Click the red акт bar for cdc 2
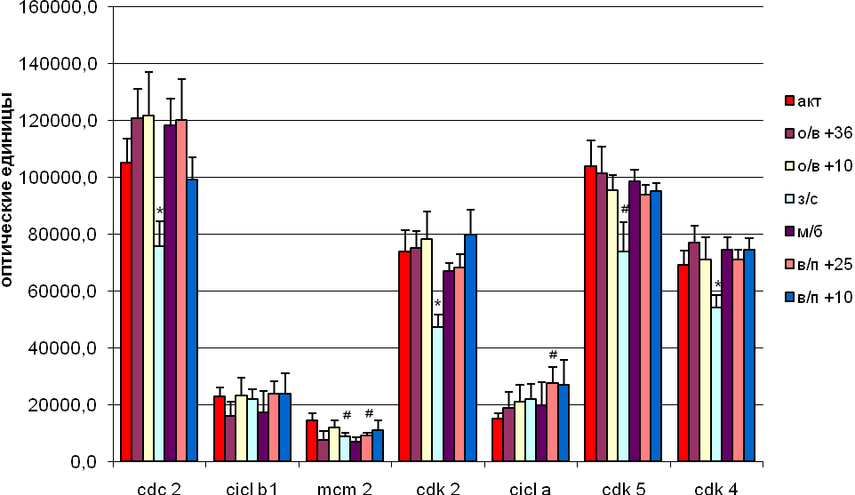coord(126,312)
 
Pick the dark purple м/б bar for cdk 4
coord(727,355)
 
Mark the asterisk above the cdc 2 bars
coord(160,212)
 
